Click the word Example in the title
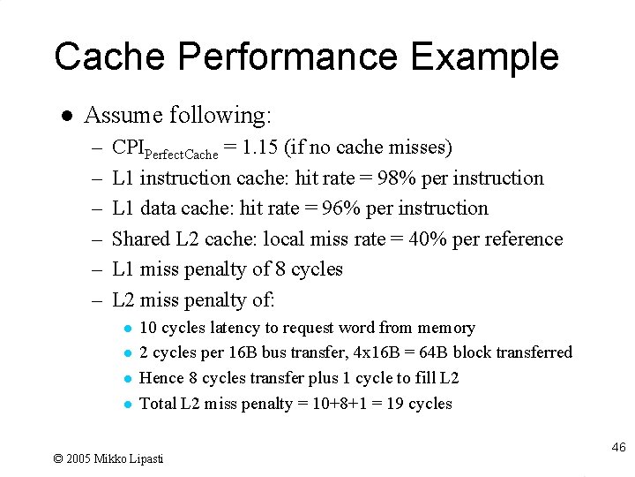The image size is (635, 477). tap(484, 57)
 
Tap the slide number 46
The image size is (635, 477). tap(618, 448)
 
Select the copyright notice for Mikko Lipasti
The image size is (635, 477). tap(108, 458)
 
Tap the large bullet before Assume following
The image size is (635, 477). tap(65, 116)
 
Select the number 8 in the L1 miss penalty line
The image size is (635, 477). tap(273, 269)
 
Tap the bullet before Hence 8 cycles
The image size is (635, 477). tap(127, 379)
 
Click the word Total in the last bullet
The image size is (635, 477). tap(158, 404)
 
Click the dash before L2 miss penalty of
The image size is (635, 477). tap(97, 300)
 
